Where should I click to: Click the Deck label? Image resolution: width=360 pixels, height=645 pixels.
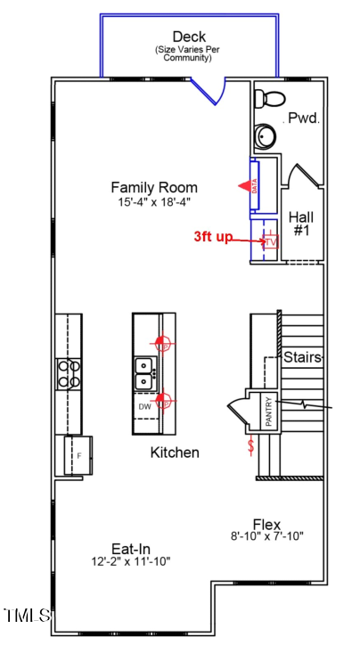click(189, 37)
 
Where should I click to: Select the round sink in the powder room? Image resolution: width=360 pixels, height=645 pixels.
click(266, 135)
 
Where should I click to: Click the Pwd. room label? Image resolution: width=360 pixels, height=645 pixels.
click(304, 118)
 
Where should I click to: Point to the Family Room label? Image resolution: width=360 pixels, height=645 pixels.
click(154, 187)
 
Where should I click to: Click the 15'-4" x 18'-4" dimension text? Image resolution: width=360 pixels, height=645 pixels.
click(154, 202)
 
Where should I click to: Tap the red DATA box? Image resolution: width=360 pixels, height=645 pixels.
click(255, 186)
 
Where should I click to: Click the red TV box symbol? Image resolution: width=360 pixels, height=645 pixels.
click(270, 241)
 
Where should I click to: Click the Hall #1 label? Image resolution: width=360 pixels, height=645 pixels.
click(301, 224)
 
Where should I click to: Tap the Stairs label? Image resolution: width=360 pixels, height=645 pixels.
click(303, 357)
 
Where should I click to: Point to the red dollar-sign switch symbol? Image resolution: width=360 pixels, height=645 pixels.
click(251, 443)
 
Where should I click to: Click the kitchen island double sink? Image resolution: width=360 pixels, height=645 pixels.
click(143, 373)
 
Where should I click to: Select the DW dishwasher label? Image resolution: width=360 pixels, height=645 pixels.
click(144, 406)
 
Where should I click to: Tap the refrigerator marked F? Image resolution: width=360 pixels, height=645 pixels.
click(74, 454)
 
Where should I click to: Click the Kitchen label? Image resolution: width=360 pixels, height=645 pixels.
click(174, 453)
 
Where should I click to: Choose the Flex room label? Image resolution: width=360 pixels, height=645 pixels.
click(266, 524)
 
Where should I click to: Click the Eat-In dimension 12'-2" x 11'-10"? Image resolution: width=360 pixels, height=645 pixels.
click(131, 561)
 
